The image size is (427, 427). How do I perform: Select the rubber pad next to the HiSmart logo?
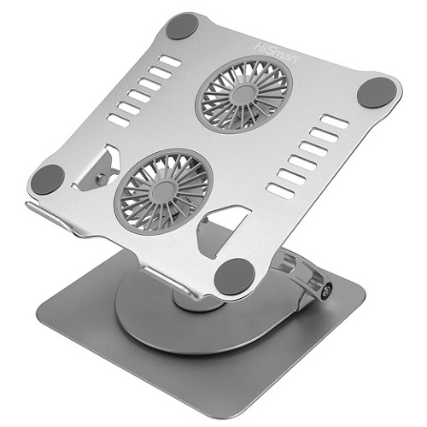pos(181,26)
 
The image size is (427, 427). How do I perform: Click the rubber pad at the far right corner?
pos(377,91)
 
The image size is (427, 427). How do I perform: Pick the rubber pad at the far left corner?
pos(47,178)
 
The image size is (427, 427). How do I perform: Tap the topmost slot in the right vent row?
pos(334,122)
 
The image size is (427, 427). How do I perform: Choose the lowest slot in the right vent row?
pos(282,189)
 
